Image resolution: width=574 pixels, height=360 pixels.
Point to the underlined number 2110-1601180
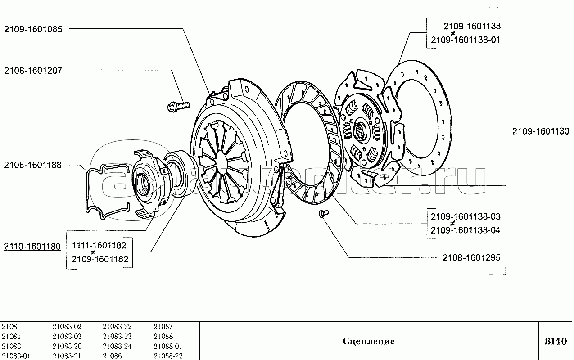point(32,247)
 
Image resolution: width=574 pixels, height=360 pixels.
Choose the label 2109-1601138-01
point(466,40)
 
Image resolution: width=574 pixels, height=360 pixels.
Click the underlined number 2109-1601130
point(540,131)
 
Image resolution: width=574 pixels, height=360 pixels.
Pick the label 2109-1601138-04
point(466,230)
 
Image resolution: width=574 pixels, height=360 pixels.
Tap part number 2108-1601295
point(471,258)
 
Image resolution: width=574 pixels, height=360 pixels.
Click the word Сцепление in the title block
point(369,341)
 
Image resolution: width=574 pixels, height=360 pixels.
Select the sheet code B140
point(556,341)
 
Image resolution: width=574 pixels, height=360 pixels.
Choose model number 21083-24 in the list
point(117,346)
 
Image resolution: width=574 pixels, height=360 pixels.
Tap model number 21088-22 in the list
point(168,356)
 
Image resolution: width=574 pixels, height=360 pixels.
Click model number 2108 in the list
point(9,327)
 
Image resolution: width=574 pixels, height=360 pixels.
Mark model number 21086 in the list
point(112,356)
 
